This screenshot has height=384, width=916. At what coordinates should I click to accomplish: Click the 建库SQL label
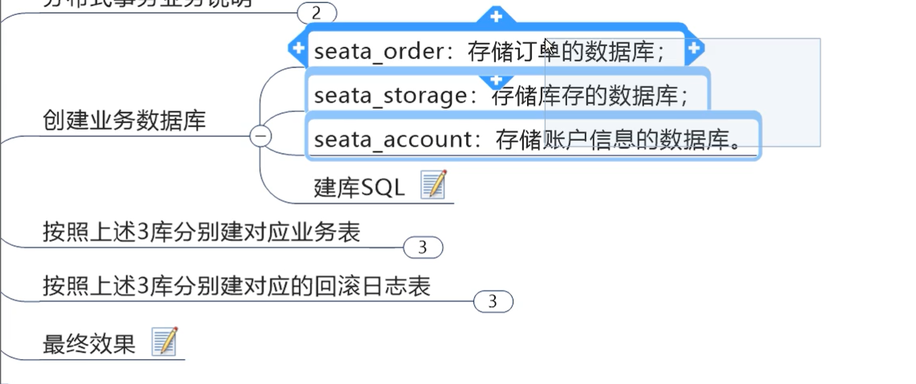click(x=359, y=188)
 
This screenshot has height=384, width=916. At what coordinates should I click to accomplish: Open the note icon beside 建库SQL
click(x=433, y=184)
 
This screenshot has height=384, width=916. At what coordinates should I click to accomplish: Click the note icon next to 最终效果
click(x=164, y=341)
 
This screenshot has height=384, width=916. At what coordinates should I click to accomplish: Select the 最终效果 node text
click(x=89, y=344)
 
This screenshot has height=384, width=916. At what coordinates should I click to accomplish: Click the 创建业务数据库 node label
click(x=124, y=121)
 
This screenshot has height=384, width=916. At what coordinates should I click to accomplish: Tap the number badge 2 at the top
click(x=317, y=12)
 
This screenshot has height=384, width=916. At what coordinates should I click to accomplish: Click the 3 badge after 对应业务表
click(x=423, y=248)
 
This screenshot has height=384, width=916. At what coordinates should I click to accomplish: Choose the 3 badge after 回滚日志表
click(x=493, y=301)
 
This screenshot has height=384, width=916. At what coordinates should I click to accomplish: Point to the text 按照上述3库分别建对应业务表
click(x=202, y=232)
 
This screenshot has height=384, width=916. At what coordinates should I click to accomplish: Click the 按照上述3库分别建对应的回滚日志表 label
click(x=236, y=286)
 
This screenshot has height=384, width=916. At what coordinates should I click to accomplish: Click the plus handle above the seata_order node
click(x=496, y=15)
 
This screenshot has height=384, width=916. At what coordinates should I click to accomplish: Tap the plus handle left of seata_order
click(x=298, y=47)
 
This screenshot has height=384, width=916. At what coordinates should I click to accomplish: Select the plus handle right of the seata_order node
click(x=694, y=47)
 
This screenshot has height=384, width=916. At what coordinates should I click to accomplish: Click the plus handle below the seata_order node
click(x=496, y=81)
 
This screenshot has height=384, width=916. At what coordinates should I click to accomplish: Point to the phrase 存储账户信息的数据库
click(x=618, y=140)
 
